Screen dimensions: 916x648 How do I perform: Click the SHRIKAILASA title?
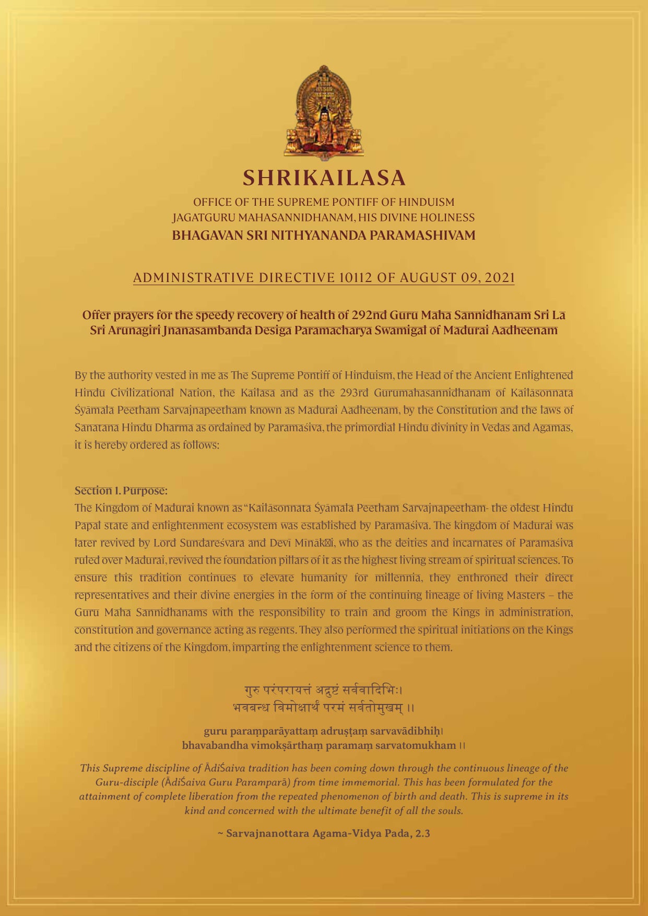(x=324, y=178)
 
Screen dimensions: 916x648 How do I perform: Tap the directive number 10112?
(x=356, y=277)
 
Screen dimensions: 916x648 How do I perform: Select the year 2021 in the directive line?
(x=500, y=277)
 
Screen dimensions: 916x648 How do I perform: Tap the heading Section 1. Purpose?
(x=121, y=491)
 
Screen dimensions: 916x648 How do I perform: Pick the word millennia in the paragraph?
(x=401, y=578)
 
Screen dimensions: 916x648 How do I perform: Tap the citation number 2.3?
(x=422, y=833)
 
